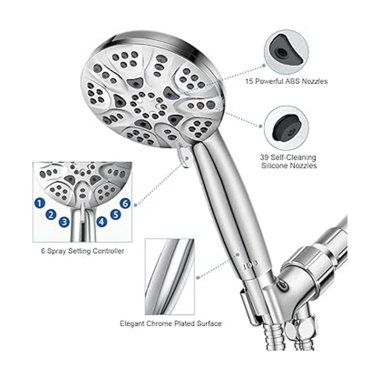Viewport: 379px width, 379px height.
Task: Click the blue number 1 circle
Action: pyautogui.click(x=40, y=203)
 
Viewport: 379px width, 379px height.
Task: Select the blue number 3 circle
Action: pyautogui.click(x=64, y=222)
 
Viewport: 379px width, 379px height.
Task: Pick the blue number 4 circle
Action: pyautogui.click(x=101, y=222)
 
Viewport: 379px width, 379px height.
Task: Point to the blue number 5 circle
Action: pyautogui.click(x=116, y=214)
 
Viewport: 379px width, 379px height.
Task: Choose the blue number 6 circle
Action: pyautogui.click(x=125, y=204)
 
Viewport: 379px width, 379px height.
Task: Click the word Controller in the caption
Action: pyautogui.click(x=108, y=251)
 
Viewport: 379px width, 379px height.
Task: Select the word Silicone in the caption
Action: pyautogui.click(x=275, y=166)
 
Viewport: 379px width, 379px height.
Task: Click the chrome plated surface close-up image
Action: pyautogui.click(x=170, y=277)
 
